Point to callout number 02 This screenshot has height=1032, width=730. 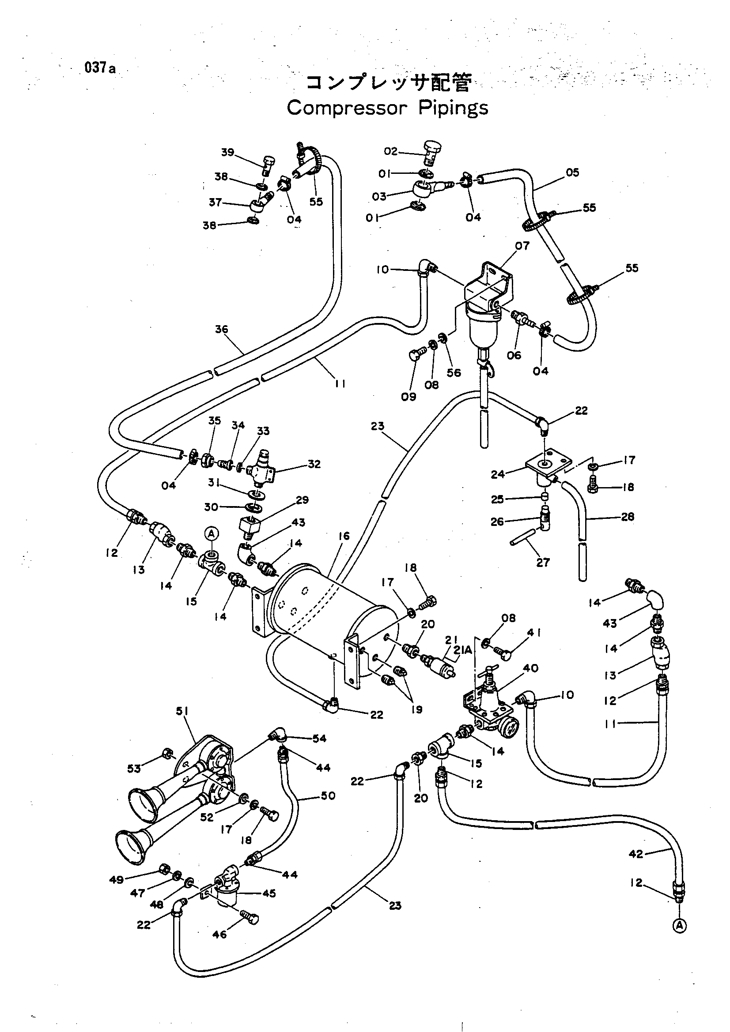pyautogui.click(x=391, y=151)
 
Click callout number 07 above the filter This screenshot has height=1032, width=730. pyautogui.click(x=522, y=245)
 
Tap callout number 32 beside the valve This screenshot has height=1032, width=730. pyautogui.click(x=314, y=464)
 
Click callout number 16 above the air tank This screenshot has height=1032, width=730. pyautogui.click(x=344, y=536)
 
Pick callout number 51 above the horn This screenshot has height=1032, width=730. pyautogui.click(x=182, y=711)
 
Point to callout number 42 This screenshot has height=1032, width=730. pyautogui.click(x=636, y=854)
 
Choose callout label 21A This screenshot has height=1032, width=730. pyautogui.click(x=463, y=649)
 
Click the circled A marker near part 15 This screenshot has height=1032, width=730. pyautogui.click(x=212, y=533)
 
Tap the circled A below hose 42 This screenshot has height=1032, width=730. pyautogui.click(x=680, y=925)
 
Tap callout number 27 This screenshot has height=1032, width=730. pyautogui.click(x=543, y=562)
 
